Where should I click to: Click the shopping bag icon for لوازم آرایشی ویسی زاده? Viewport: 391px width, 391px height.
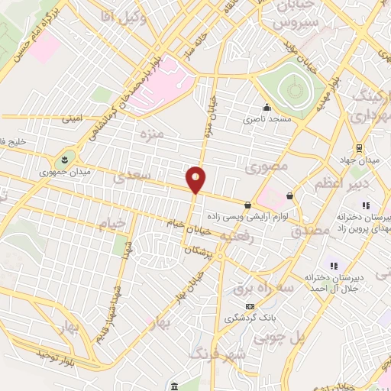(x=248, y=205)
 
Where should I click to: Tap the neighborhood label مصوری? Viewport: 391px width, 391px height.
(x=270, y=166)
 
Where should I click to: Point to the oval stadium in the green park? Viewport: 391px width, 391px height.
(x=293, y=91)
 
